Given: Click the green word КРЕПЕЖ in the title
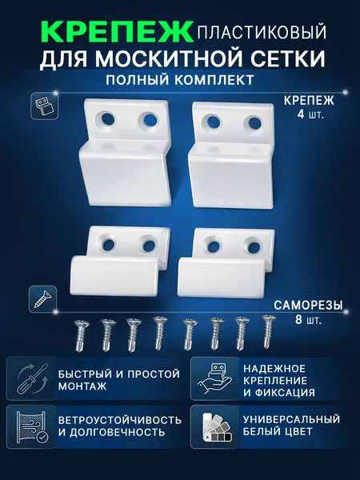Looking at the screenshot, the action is pyautogui.click(x=116, y=31).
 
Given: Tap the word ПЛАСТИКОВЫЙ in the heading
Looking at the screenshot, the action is pyautogui.click(x=262, y=33).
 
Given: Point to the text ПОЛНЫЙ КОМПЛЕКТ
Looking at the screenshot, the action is pyautogui.click(x=180, y=80).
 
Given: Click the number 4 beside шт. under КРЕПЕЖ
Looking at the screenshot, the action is pyautogui.click(x=301, y=114).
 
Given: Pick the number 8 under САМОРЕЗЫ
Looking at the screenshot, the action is pyautogui.click(x=299, y=320).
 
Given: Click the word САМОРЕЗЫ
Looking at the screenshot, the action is pyautogui.click(x=308, y=306).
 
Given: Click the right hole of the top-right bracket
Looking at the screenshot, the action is pyautogui.click(x=254, y=123).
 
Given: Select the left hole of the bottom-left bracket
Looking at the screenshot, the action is pyautogui.click(x=108, y=244).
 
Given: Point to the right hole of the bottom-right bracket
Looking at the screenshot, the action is pyautogui.click(x=254, y=246).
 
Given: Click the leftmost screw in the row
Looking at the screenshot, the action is pyautogui.click(x=81, y=334).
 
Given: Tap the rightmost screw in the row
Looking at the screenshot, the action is pyautogui.click(x=267, y=331).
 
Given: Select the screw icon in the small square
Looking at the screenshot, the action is pyautogui.click(x=43, y=299).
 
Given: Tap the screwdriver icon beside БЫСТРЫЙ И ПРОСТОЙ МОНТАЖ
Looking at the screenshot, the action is pyautogui.click(x=31, y=378).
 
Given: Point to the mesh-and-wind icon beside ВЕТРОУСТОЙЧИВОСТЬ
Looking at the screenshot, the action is pyautogui.click(x=31, y=427).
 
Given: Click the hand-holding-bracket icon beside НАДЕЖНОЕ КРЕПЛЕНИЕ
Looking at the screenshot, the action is pyautogui.click(x=215, y=379).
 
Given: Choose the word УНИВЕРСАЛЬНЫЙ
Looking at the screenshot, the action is pyautogui.click(x=292, y=419).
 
